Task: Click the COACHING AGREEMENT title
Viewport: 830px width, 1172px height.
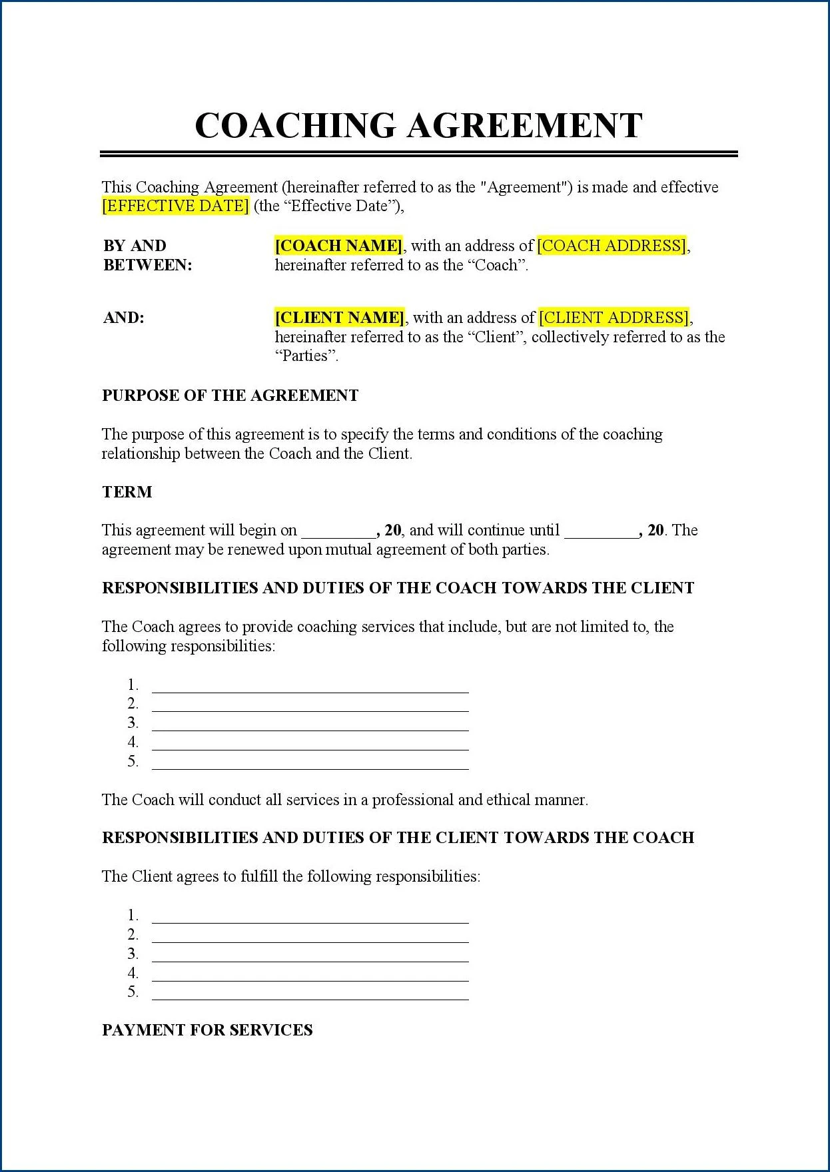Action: [x=418, y=125]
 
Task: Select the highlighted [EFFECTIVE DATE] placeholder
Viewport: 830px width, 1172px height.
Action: [x=175, y=206]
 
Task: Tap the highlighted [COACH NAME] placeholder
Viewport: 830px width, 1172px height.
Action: [x=338, y=246]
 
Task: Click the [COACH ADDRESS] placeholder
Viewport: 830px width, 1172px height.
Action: [x=612, y=246]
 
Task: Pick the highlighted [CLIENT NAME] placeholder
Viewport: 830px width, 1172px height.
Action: [x=340, y=318]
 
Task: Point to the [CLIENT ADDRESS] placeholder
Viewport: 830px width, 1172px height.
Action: [x=614, y=318]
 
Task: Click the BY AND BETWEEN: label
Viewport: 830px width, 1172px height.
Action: [x=147, y=255]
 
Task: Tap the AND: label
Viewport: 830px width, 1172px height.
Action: [x=124, y=318]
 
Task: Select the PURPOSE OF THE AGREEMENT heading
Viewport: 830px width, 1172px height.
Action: [x=230, y=396]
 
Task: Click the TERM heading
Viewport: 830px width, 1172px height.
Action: [x=127, y=492]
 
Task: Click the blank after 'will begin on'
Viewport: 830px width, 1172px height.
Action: [x=338, y=532]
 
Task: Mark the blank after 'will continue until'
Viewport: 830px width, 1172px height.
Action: [x=601, y=532]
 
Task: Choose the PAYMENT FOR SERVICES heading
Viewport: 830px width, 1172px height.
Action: [x=207, y=1030]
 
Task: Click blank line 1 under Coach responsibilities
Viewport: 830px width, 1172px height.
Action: [x=310, y=688]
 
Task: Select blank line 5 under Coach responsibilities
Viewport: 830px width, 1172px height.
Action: [x=310, y=764]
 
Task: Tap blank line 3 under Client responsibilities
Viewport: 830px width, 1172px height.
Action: [x=310, y=957]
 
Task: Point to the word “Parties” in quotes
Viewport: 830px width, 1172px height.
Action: [x=306, y=356]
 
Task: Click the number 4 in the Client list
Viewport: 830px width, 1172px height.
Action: [x=133, y=973]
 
